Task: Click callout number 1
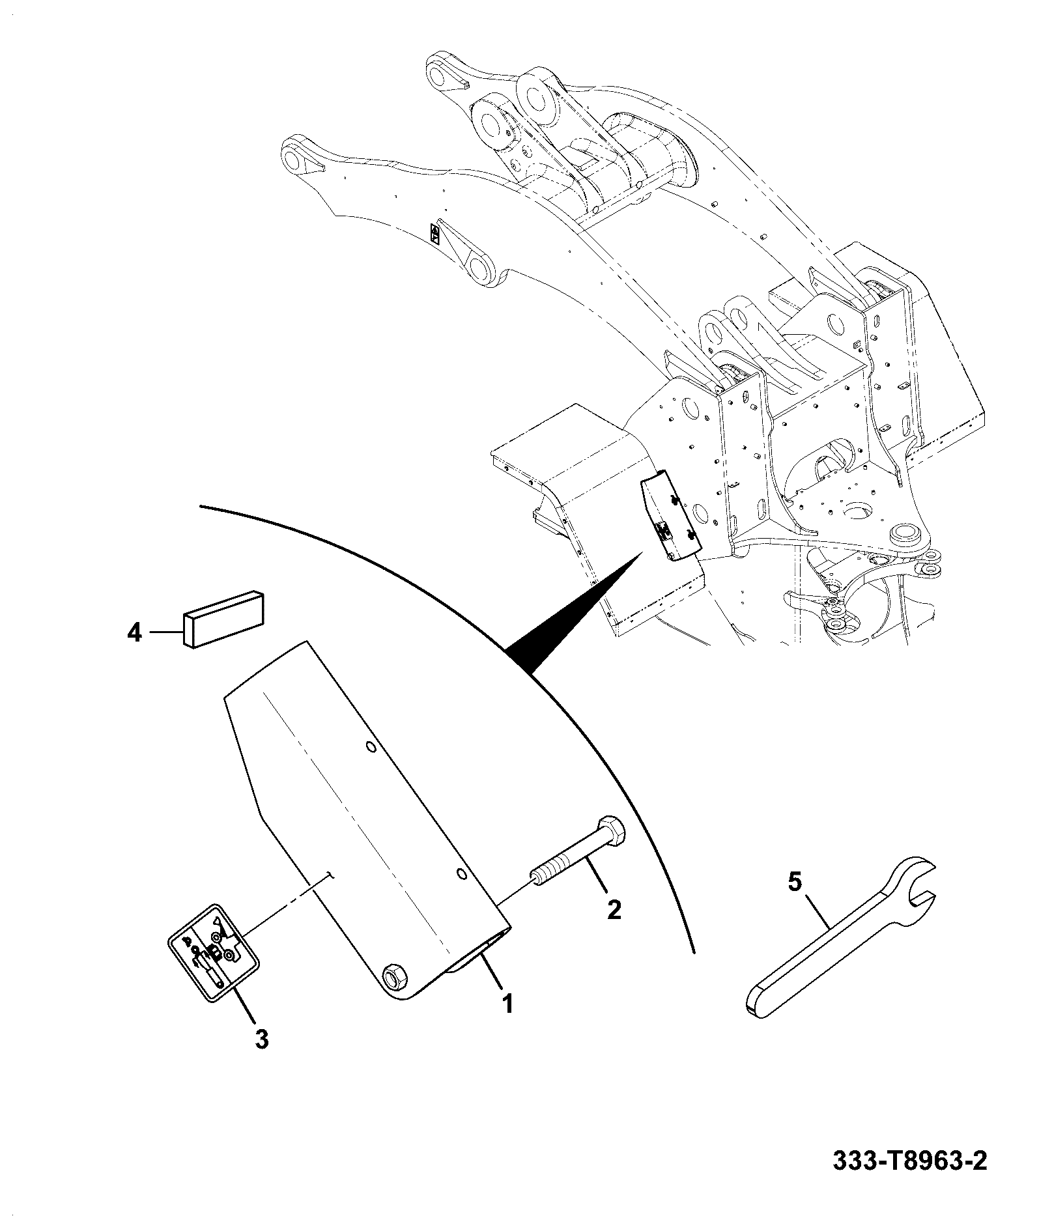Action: tap(507, 1021)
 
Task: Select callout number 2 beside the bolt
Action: tap(614, 909)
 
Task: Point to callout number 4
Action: tap(134, 632)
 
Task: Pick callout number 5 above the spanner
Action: tap(795, 883)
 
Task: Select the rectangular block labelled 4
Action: tap(224, 619)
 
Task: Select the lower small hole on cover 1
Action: tap(461, 873)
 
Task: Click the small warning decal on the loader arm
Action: tap(434, 234)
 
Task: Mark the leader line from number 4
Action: tap(166, 632)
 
